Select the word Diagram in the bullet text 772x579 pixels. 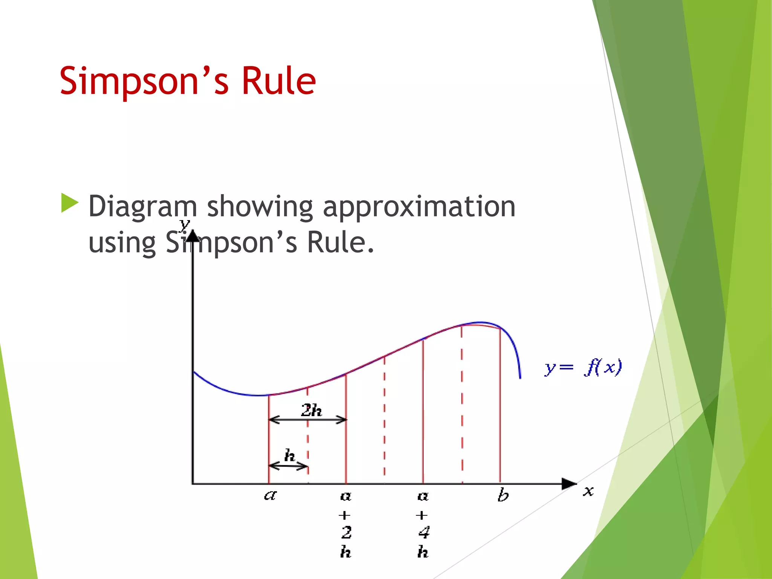point(142,207)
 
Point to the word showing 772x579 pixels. point(260,207)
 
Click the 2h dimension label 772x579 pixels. point(311,410)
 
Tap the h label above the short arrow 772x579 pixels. point(289,455)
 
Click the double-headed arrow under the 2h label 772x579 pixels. point(308,420)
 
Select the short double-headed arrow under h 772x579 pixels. point(288,467)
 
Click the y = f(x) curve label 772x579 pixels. point(583,367)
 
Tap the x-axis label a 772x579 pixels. point(270,495)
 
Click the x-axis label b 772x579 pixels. point(502,495)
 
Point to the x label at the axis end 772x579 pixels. point(588,491)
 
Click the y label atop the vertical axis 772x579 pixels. point(184,225)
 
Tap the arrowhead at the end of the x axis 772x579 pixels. point(569,484)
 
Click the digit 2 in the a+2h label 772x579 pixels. point(346,533)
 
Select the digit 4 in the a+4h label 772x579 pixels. point(424,533)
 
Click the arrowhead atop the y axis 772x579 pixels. point(193,236)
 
